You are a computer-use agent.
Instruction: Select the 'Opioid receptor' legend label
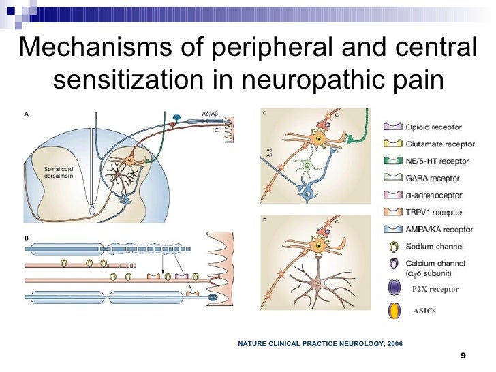pyautogui.click(x=433, y=127)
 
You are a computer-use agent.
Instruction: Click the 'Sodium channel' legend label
pyautogui.click(x=435, y=246)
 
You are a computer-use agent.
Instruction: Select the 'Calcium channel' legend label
pyautogui.click(x=435, y=264)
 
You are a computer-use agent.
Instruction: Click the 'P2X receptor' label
pyautogui.click(x=435, y=290)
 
